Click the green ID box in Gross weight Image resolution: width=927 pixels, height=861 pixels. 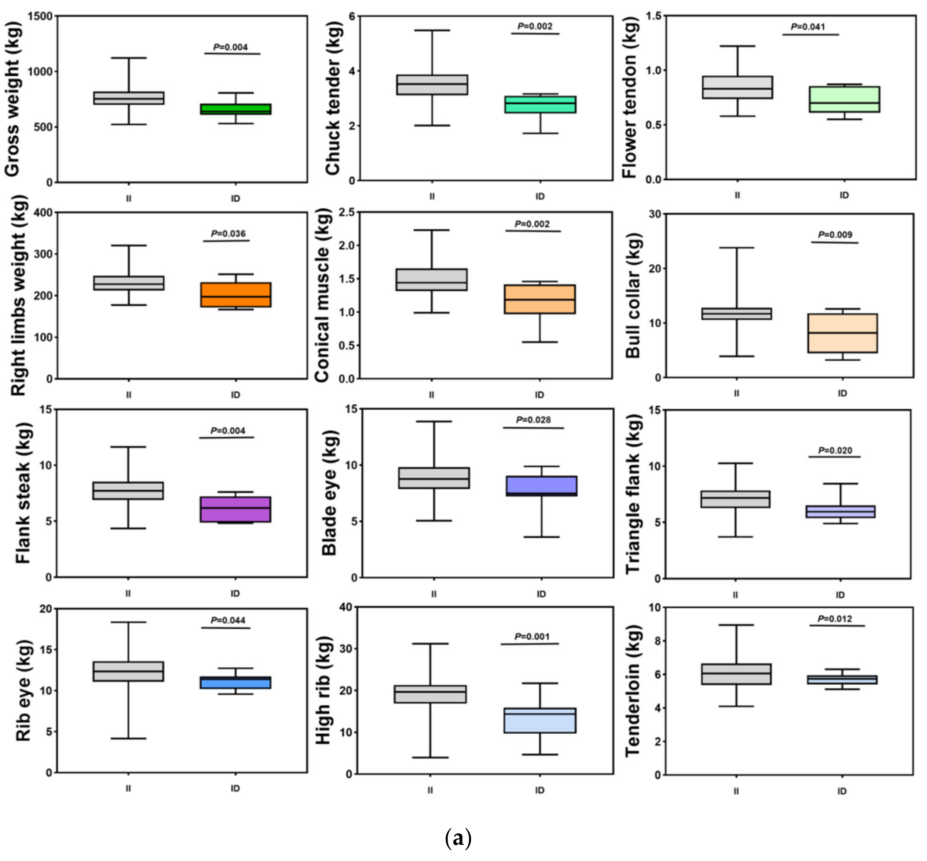click(x=235, y=109)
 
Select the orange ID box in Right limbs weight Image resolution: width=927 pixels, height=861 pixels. click(x=235, y=295)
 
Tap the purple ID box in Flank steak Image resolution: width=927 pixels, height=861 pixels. click(x=235, y=509)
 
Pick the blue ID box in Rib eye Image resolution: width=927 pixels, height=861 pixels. click(x=235, y=682)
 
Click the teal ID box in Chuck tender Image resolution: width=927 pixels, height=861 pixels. click(x=540, y=104)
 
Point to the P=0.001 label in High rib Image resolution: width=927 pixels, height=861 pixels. click(x=532, y=636)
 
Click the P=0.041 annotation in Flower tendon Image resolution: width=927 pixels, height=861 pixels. click(x=808, y=27)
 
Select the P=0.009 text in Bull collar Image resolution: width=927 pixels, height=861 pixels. click(x=835, y=235)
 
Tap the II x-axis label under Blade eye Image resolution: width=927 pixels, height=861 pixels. click(x=434, y=594)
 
